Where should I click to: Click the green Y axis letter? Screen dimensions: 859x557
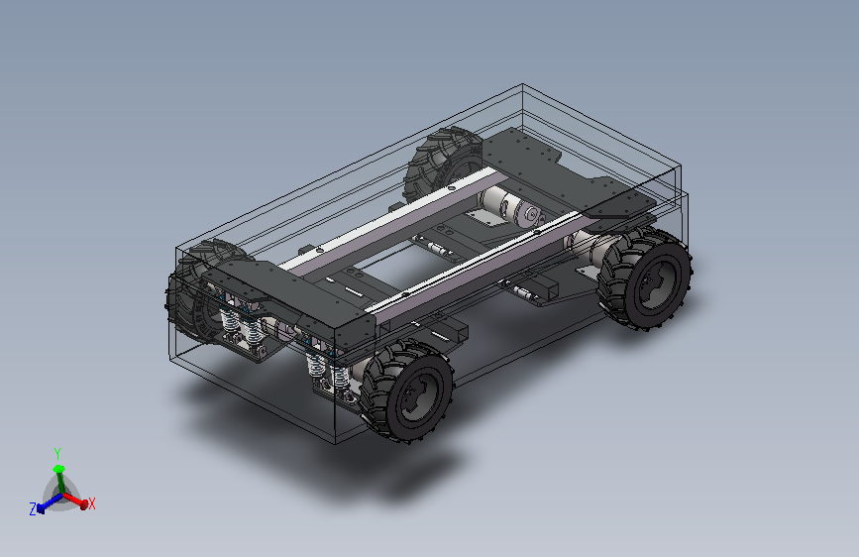[x=57, y=453]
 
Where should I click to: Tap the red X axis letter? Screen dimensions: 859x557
[x=91, y=503]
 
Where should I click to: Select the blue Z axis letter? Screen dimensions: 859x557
[x=33, y=509]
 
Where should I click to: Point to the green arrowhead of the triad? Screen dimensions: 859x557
[x=58, y=469]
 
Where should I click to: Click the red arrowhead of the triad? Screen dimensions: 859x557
[x=84, y=503]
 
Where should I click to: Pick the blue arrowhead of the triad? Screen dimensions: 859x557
[x=40, y=507]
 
